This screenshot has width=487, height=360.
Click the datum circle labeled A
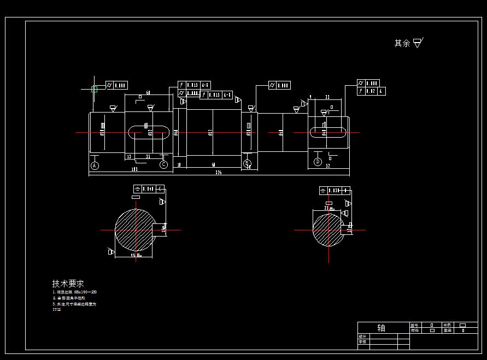[95, 165]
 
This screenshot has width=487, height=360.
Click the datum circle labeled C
[163, 164]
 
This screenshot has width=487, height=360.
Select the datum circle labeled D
[318, 162]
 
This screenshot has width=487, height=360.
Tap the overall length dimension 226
[218, 173]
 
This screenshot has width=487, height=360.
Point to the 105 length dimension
[134, 169]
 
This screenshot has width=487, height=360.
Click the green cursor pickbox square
[94, 88]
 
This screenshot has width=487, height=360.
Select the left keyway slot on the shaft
[148, 132]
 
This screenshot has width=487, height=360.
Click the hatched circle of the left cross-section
[134, 229]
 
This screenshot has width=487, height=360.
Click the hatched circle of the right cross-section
[328, 230]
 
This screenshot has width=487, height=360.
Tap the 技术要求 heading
[68, 284]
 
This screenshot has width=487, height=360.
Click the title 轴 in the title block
[381, 328]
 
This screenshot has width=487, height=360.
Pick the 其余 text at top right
[402, 43]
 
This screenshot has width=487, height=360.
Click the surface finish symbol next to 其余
[418, 43]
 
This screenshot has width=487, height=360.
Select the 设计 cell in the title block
[362, 336]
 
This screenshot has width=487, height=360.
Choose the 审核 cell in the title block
[362, 341]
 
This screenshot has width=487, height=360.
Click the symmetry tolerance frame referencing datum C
[149, 189]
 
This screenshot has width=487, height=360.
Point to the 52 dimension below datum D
[328, 166]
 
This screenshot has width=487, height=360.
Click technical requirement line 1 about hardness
[75, 292]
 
